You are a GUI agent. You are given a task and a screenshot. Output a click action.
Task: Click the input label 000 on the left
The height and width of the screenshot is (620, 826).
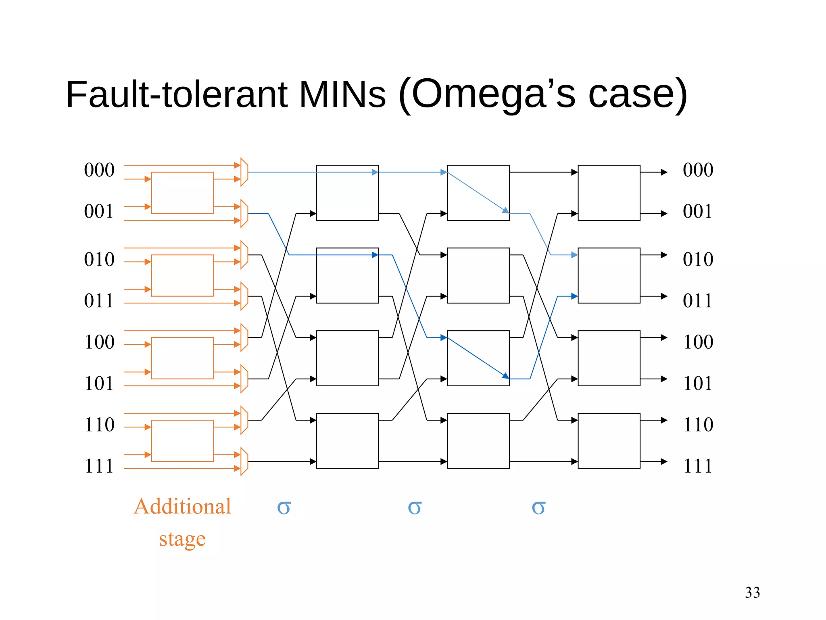pyautogui.click(x=99, y=170)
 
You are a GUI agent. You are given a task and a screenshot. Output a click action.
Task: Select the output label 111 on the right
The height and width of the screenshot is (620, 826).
pyautogui.click(x=698, y=466)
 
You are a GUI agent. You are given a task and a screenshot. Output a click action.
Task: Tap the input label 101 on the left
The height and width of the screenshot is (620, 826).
pyautogui.click(x=99, y=383)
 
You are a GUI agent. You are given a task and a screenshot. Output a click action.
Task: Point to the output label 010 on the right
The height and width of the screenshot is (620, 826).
pyautogui.click(x=698, y=259)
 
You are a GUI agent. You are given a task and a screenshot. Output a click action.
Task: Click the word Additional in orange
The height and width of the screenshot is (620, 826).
pyautogui.click(x=182, y=506)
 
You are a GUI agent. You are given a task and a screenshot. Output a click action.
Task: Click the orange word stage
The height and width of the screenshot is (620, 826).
pyautogui.click(x=182, y=538)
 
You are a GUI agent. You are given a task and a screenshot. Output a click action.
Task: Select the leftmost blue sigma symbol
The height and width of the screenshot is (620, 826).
pyautogui.click(x=284, y=507)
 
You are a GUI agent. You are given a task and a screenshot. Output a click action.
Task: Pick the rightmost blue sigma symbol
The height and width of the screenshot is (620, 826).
pyautogui.click(x=538, y=507)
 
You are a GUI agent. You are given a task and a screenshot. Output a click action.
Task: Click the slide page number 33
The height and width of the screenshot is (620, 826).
pyautogui.click(x=752, y=592)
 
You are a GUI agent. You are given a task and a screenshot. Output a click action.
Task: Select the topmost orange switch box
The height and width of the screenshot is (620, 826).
pyautogui.click(x=182, y=193)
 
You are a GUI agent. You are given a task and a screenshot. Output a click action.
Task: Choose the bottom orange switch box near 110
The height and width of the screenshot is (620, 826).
pyautogui.click(x=182, y=441)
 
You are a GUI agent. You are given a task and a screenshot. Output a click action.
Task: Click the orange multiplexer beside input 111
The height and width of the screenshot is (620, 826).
pyautogui.click(x=244, y=461)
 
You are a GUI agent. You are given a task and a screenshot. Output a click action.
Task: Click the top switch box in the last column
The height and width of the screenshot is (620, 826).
pyautogui.click(x=609, y=193)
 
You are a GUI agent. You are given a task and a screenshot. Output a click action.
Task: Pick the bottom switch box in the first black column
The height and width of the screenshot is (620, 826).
pyautogui.click(x=347, y=441)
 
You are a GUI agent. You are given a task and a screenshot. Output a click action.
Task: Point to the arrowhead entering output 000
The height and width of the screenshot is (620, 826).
pyautogui.click(x=664, y=172)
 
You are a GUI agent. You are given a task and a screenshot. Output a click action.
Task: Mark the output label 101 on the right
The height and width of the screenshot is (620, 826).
pyautogui.click(x=698, y=383)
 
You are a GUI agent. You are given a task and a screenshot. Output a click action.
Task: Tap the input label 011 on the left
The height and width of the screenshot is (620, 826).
pyautogui.click(x=99, y=301)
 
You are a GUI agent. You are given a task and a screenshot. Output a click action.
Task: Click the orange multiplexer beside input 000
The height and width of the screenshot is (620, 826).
pyautogui.click(x=244, y=172)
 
